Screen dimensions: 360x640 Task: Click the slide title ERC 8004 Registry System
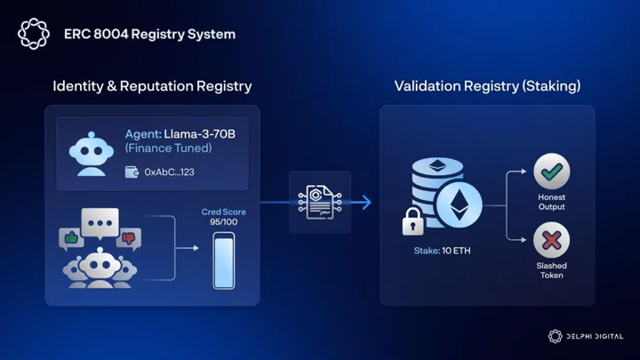tap(149, 35)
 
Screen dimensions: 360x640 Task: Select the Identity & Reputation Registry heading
tap(152, 86)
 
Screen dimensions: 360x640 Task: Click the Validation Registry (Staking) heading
tap(488, 86)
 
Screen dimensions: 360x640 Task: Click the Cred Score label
tap(223, 212)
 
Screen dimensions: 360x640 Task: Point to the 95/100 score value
tap(223, 223)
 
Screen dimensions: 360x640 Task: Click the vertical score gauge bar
tap(223, 260)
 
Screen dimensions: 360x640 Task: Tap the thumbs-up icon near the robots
tap(71, 236)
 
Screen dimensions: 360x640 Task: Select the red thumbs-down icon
tap(129, 237)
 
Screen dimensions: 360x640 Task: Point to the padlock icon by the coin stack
tap(413, 221)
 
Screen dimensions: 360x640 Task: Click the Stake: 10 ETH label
tap(443, 252)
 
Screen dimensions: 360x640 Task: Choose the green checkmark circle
tap(551, 172)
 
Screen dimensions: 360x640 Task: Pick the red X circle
tap(551, 240)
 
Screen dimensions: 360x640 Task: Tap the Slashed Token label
tap(551, 269)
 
